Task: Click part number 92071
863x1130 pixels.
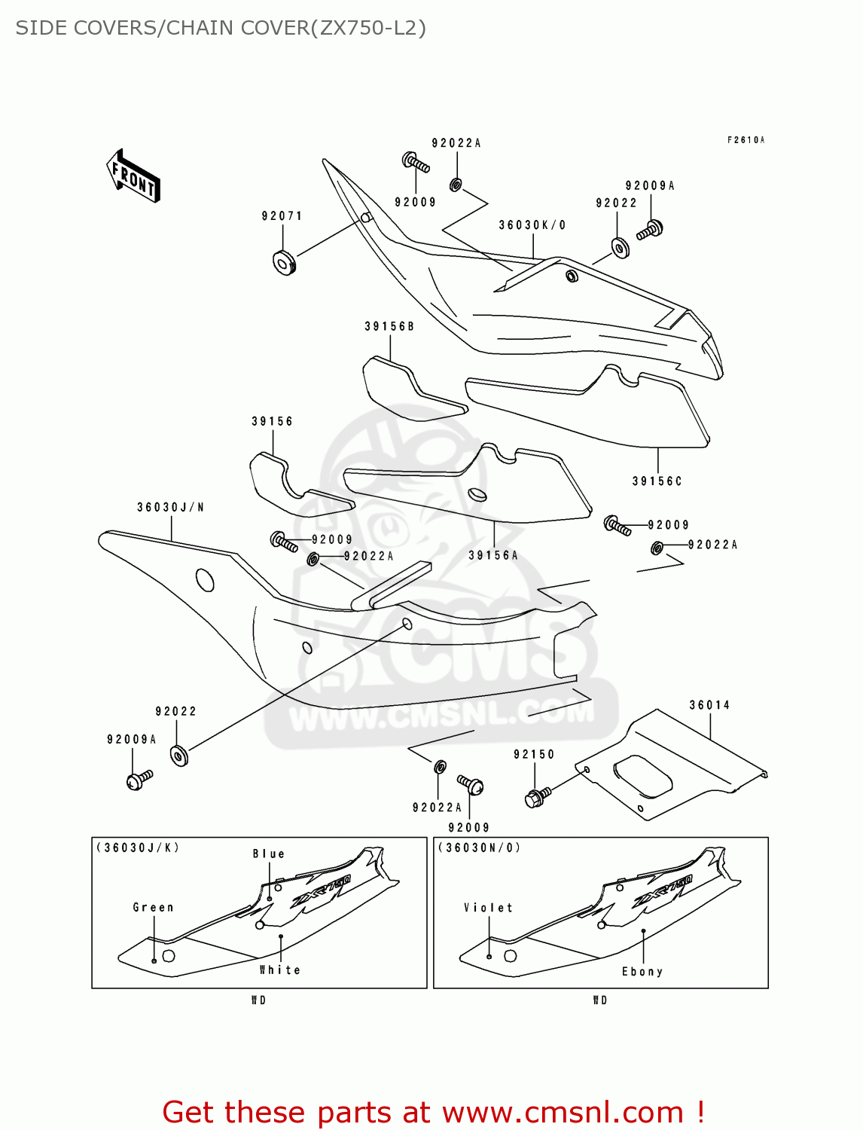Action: tap(282, 216)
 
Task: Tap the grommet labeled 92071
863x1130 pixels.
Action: tap(284, 262)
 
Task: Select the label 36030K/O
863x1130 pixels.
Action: tap(532, 225)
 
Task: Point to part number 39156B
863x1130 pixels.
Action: tap(389, 326)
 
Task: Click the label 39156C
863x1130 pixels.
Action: tap(657, 481)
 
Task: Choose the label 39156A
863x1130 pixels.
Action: tap(493, 555)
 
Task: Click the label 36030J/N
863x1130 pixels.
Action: tap(171, 507)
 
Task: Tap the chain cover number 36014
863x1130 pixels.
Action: tap(709, 705)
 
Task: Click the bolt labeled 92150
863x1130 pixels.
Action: tap(537, 796)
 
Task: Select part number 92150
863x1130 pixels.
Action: tap(534, 754)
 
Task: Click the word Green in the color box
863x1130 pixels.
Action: tap(154, 908)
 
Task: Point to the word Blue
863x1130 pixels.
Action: tap(269, 854)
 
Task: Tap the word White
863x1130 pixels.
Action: tap(280, 970)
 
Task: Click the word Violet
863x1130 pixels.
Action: tap(489, 908)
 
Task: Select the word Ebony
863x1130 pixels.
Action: tap(642, 972)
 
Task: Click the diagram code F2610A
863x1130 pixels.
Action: tap(746, 140)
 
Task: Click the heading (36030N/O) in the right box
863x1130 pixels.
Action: tap(479, 847)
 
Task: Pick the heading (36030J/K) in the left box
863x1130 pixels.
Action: tap(138, 847)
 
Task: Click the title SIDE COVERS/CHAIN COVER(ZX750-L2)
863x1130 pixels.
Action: tap(221, 28)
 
